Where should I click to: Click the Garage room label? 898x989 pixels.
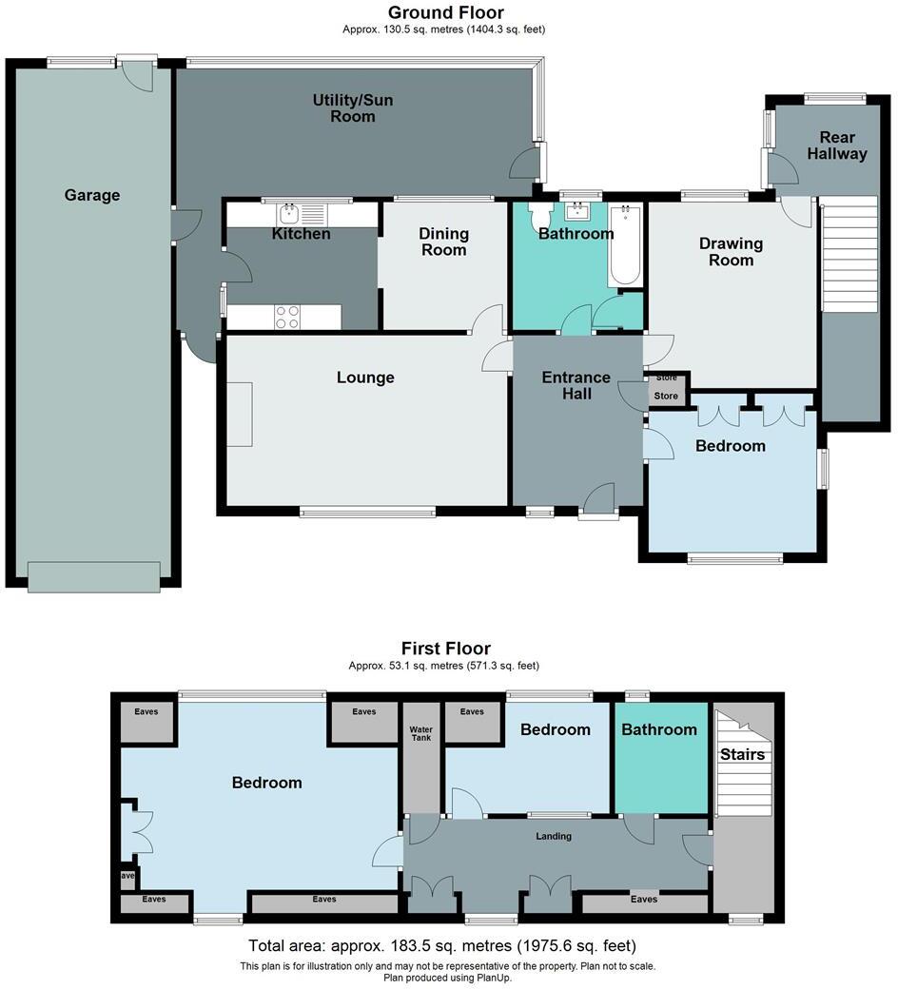pyautogui.click(x=92, y=195)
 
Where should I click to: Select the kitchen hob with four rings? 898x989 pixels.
pyautogui.click(x=287, y=316)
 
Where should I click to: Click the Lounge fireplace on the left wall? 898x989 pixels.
pyautogui.click(x=239, y=414)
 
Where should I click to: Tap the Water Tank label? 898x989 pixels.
pyautogui.click(x=420, y=736)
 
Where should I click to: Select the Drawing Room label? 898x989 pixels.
pyautogui.click(x=732, y=252)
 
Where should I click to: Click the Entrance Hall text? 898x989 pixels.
pyautogui.click(x=576, y=385)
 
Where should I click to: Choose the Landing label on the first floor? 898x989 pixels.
pyautogui.click(x=554, y=836)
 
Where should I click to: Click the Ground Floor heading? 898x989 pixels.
pyautogui.click(x=445, y=12)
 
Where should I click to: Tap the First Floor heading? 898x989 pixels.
pyautogui.click(x=445, y=649)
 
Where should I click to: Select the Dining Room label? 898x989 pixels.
pyautogui.click(x=444, y=242)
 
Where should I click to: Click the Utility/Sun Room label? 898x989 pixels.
pyautogui.click(x=353, y=108)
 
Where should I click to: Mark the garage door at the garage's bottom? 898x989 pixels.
pyautogui.click(x=94, y=576)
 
